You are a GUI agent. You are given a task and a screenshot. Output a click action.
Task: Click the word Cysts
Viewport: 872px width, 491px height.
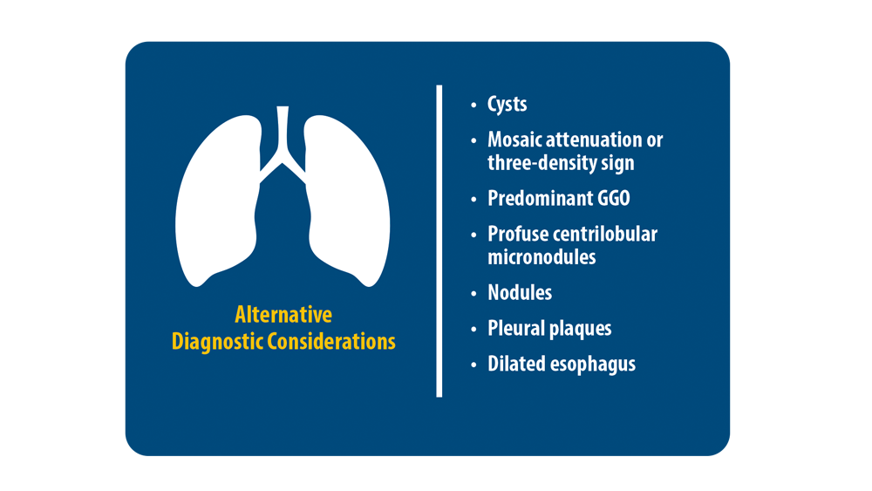508,105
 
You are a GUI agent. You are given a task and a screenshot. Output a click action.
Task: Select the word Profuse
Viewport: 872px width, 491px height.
514,235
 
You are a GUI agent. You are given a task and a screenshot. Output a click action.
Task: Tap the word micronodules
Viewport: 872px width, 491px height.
542,257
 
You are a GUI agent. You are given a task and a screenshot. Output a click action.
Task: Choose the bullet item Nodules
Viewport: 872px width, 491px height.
520,293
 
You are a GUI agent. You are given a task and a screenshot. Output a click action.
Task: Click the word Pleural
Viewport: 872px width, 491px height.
516,329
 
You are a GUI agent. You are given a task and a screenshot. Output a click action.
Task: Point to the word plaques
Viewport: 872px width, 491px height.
581,330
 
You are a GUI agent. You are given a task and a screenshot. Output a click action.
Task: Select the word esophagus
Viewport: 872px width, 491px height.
593,365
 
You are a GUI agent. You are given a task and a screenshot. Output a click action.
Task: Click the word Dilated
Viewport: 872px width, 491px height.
515,364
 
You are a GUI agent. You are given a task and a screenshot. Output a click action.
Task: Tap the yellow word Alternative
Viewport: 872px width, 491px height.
283,315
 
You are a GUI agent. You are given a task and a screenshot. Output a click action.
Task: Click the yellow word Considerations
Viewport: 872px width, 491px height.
331,342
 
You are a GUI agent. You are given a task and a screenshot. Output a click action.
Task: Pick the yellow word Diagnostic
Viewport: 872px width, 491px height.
217,342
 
